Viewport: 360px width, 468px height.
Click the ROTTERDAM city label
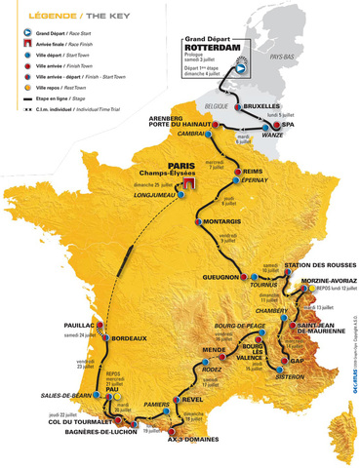click(211, 49)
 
